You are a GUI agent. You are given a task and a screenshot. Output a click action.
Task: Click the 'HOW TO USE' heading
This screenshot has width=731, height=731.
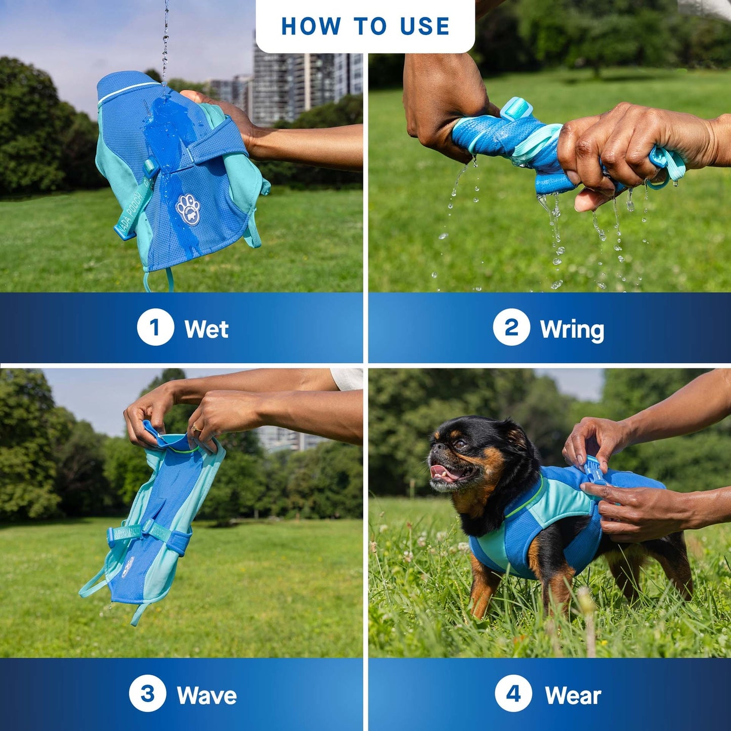tap(365, 26)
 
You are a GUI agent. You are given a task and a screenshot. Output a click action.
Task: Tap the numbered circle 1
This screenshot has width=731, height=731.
tap(155, 327)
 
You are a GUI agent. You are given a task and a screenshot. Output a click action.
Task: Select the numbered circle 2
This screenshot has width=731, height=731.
tap(511, 327)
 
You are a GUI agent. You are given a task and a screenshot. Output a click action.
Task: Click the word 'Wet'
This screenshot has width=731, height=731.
tap(206, 328)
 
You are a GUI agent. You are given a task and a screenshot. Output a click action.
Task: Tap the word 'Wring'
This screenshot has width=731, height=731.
tap(572, 330)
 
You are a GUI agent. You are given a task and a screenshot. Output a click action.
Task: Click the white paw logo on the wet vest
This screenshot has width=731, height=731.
tap(188, 210)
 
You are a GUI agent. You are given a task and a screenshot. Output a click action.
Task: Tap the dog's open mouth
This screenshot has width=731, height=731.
tap(451, 474)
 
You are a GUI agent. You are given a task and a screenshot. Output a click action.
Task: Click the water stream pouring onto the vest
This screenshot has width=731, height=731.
tap(165, 41)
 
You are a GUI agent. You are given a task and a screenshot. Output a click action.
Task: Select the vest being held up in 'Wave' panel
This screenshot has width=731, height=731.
tap(155, 527)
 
